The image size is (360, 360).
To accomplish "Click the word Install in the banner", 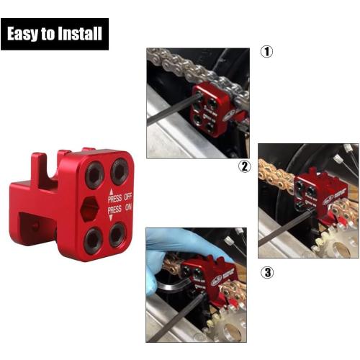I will [81, 34].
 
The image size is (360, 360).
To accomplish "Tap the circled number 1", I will [266, 53].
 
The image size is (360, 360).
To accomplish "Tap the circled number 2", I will [246, 167].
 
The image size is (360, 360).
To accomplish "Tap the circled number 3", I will [266, 272].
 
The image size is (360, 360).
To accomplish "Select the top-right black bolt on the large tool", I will [119, 171].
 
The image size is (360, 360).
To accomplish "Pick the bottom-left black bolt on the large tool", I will [92, 240].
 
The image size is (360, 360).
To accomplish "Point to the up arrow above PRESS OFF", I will [111, 189].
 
